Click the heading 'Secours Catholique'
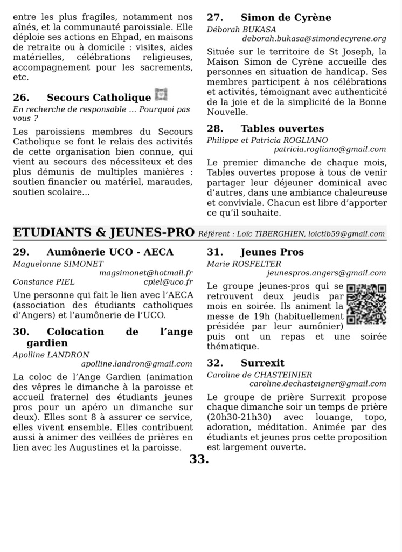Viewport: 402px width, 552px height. pos(99,98)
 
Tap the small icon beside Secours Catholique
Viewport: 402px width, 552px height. pos(161,95)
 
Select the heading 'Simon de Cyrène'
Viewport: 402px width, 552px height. pos(286,18)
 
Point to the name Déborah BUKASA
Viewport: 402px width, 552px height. pos(234,29)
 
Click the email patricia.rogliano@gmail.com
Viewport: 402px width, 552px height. pos(330,149)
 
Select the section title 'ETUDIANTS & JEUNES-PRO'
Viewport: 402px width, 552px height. pos(103,232)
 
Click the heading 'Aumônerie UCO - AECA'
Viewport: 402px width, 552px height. pos(110,252)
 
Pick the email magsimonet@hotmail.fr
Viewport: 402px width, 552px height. pos(146,273)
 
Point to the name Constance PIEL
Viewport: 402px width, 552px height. pos(43,282)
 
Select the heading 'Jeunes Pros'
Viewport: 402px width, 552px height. pos(272,252)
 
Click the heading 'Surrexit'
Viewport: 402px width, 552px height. pos(262,363)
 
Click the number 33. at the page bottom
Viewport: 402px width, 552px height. pos(199,459)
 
